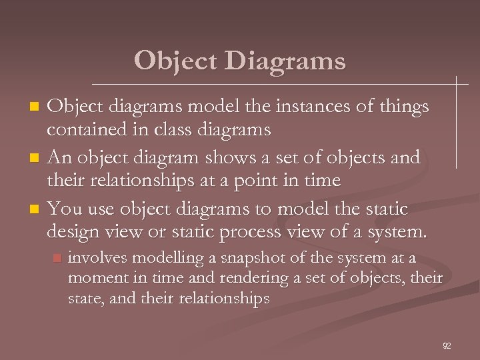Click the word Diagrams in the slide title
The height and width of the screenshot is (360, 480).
tap(285, 61)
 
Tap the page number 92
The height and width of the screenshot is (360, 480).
tap(447, 345)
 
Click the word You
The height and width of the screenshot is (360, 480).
tap(65, 209)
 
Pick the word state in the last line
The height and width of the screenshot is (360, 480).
tap(84, 298)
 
